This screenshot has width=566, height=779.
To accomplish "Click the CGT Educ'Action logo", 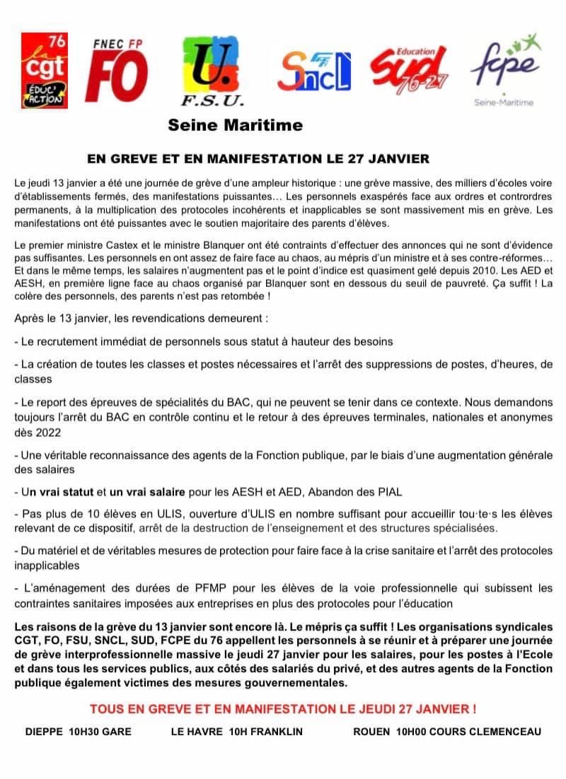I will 44,70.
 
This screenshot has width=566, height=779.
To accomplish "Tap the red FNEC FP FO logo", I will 117,71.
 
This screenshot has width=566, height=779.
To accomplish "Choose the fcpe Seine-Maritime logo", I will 504,69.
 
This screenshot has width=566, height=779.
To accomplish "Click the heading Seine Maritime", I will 235,126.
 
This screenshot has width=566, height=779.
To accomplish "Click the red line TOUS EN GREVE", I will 282,708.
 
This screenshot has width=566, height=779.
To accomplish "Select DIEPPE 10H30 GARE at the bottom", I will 79,732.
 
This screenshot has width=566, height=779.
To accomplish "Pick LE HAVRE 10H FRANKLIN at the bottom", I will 236,732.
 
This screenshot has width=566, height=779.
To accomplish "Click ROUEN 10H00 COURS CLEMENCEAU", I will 447,732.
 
